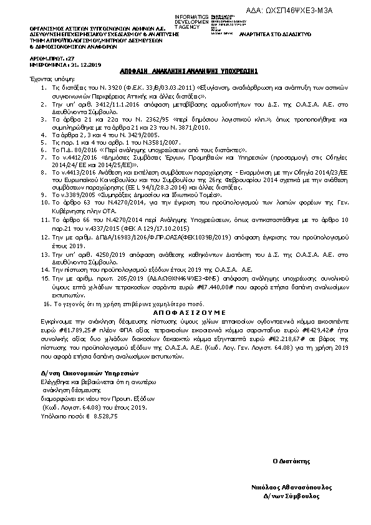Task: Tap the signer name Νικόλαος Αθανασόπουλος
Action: click(x=288, y=488)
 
